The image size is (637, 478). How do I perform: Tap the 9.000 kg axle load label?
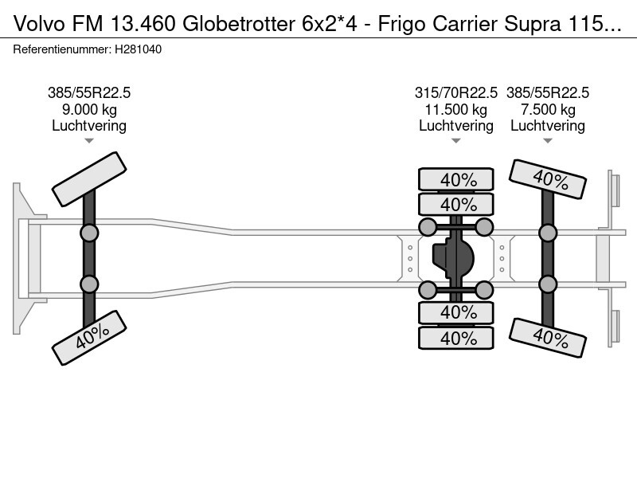(x=89, y=109)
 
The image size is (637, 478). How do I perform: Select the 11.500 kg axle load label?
(x=456, y=109)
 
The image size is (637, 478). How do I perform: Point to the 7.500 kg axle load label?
(x=548, y=109)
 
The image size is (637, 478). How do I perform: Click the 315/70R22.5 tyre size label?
(x=456, y=92)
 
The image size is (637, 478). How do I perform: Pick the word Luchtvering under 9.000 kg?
(x=89, y=126)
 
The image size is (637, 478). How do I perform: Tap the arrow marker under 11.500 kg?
(x=456, y=141)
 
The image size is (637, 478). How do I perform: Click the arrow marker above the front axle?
(x=89, y=141)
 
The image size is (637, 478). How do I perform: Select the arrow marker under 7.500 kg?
(x=548, y=141)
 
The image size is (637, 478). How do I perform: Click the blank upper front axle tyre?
(x=89, y=179)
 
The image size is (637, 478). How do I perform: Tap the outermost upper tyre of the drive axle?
(x=456, y=179)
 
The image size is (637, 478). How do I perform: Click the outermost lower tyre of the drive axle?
(x=456, y=338)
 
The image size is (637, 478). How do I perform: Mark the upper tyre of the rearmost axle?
(x=548, y=179)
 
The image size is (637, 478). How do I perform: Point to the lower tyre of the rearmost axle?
(x=548, y=338)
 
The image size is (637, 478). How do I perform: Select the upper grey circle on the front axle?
(x=89, y=233)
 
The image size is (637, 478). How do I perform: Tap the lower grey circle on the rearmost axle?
(x=548, y=284)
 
